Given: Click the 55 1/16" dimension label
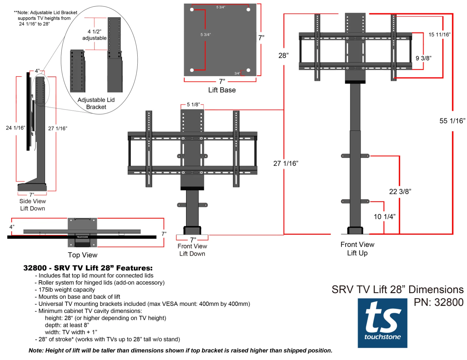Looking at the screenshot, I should (452, 121).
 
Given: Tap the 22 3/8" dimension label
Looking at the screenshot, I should (400, 192).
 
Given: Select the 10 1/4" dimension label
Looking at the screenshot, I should (384, 217).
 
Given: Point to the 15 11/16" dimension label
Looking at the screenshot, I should (439, 34).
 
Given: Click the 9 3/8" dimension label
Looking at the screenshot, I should (423, 58).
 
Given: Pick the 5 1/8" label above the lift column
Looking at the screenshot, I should (193, 104).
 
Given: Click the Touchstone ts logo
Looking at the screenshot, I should (382, 323).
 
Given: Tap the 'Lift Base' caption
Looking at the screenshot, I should (222, 90).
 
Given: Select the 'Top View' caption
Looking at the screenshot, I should (82, 255).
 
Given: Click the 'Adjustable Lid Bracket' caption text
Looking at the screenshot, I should (96, 103).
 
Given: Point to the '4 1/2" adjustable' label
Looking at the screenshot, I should (94, 35).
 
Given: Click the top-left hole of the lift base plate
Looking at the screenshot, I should (192, 10).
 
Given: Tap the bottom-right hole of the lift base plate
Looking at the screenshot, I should (248, 70).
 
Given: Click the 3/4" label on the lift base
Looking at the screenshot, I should (237, 73).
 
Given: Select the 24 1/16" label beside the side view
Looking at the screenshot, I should (15, 128).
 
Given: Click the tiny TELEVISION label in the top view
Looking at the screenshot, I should (82, 237).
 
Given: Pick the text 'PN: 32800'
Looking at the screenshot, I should (438, 302).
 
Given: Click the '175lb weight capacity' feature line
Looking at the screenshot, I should (67, 290).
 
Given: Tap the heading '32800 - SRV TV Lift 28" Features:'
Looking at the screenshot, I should (88, 268).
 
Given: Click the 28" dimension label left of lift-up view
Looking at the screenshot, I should (283, 55).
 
